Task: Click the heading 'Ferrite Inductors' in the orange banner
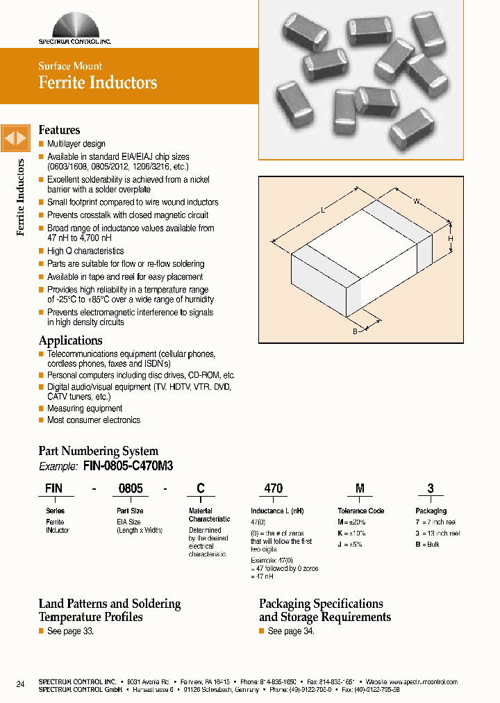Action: (x=98, y=83)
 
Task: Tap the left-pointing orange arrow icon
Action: (x=10, y=139)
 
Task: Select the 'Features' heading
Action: (x=59, y=130)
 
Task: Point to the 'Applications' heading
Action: (x=70, y=340)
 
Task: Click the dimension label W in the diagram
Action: (x=417, y=201)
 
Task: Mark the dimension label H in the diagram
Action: (x=450, y=239)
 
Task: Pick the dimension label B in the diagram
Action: (x=354, y=332)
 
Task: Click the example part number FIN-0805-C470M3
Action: (x=128, y=466)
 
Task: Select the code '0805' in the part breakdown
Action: (x=131, y=488)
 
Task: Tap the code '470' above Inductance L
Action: (x=274, y=488)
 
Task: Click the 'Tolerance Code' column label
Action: (x=360, y=511)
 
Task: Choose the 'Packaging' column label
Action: (x=431, y=511)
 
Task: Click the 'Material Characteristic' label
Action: (x=209, y=515)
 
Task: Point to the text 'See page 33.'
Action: (x=70, y=631)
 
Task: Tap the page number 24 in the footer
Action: (x=20, y=684)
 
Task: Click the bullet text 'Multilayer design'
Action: (x=76, y=144)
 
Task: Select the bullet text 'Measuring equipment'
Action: (x=85, y=408)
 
